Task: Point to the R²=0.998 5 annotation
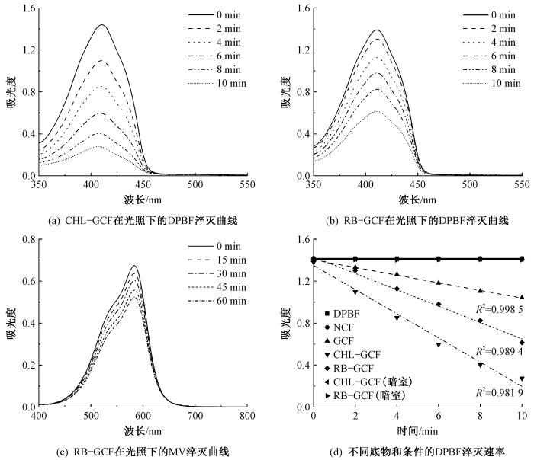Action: click(x=500, y=310)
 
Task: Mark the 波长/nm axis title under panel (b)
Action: click(x=417, y=200)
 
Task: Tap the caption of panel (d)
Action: click(x=417, y=451)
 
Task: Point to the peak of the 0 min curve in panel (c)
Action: click(x=134, y=266)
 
